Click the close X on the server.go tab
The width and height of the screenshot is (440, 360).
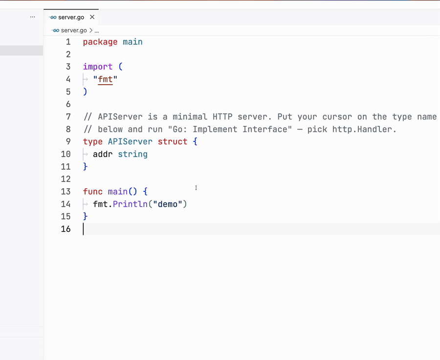click(x=92, y=17)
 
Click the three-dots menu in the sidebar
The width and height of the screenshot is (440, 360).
click(x=33, y=17)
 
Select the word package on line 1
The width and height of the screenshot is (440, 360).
click(x=100, y=42)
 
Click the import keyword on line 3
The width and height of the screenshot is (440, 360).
click(x=98, y=67)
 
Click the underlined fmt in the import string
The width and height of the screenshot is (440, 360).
click(x=105, y=79)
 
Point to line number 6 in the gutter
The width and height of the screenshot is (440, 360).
click(x=68, y=104)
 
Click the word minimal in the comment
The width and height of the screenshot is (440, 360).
click(x=190, y=116)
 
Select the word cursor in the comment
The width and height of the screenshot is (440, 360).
click(x=337, y=117)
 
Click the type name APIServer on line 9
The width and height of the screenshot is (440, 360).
click(x=130, y=141)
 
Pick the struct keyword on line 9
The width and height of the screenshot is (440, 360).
click(x=172, y=141)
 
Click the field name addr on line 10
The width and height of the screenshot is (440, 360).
click(x=103, y=154)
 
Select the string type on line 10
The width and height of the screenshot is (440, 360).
click(x=132, y=154)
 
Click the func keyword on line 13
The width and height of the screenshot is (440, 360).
click(x=92, y=192)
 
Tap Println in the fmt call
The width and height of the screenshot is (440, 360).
click(x=130, y=204)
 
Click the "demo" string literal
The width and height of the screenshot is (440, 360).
click(x=168, y=204)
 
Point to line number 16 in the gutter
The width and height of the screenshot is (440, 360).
click(x=66, y=229)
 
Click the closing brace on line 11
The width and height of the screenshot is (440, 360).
click(x=85, y=166)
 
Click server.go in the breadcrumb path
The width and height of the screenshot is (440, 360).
click(x=74, y=30)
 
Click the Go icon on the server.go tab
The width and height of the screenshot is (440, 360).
click(x=52, y=17)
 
